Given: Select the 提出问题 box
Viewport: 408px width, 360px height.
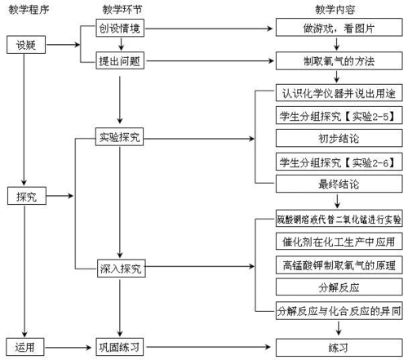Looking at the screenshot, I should pyautogui.click(x=119, y=60).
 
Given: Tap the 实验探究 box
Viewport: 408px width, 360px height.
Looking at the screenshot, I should pyautogui.click(x=119, y=136).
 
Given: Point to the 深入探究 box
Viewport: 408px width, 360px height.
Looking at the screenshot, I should pyautogui.click(x=119, y=267).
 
